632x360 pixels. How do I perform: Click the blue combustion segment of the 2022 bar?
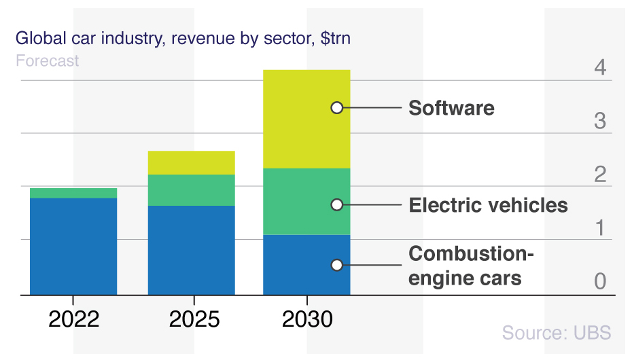(x=73, y=246)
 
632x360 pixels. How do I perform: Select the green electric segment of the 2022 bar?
(x=73, y=193)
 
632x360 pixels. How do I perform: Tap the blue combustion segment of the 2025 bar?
(x=191, y=250)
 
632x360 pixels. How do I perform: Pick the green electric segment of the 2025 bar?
(x=191, y=190)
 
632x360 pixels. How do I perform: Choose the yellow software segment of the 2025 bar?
(x=191, y=163)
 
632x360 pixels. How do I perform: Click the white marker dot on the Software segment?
(x=336, y=107)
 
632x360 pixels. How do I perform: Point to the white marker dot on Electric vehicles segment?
(x=336, y=204)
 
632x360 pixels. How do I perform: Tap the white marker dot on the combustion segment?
(x=336, y=265)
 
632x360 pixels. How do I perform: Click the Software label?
(x=451, y=108)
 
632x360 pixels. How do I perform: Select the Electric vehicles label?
(x=488, y=205)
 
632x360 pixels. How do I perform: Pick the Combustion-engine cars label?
(x=471, y=266)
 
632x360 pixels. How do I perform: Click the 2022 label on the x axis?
(x=73, y=319)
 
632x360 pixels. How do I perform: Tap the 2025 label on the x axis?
(x=194, y=319)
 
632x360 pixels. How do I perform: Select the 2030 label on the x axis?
(x=307, y=319)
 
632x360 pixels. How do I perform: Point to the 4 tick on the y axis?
(x=599, y=68)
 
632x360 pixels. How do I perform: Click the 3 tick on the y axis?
(x=599, y=121)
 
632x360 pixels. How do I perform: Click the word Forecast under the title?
(x=47, y=60)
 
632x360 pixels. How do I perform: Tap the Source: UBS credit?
(x=557, y=333)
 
